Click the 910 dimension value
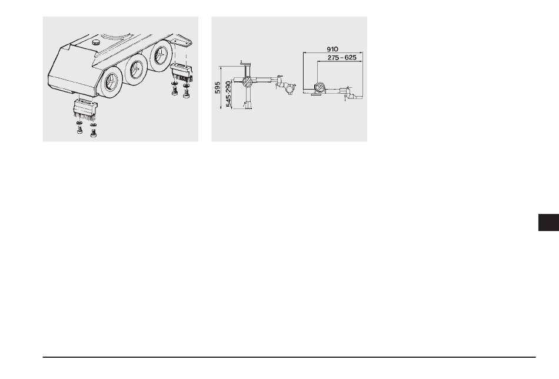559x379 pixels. [x=332, y=49]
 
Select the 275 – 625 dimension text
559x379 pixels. [x=342, y=58]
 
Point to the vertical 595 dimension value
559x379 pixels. [x=218, y=87]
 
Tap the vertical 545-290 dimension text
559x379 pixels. [x=228, y=94]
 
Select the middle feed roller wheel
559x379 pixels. [x=135, y=69]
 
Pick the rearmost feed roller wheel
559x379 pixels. [x=161, y=54]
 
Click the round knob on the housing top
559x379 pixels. [x=97, y=42]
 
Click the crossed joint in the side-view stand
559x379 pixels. [x=247, y=82]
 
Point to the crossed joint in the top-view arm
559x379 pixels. [x=320, y=87]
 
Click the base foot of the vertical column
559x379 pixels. [x=247, y=105]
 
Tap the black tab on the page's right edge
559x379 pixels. [x=548, y=223]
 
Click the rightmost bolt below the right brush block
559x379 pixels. [x=186, y=94]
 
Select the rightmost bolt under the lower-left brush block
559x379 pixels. [x=94, y=133]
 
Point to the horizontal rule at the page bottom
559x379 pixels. [x=289, y=357]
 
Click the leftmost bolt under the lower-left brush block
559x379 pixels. [x=79, y=131]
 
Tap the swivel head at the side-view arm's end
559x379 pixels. [x=288, y=87]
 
